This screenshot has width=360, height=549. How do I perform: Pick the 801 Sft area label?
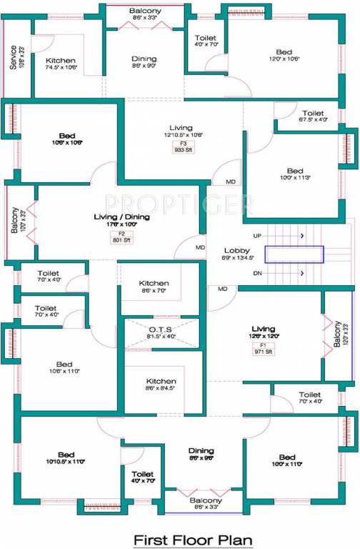click(121, 241)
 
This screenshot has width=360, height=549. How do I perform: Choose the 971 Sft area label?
click(263, 352)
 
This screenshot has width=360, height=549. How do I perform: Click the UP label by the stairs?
click(257, 235)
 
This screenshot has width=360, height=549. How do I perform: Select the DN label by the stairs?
click(257, 273)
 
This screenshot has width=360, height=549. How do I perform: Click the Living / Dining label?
click(121, 216)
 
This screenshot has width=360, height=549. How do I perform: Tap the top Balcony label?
click(145, 11)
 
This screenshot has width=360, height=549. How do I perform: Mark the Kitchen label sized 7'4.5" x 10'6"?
click(61, 61)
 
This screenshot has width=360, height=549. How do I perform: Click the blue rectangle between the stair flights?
click(294, 254)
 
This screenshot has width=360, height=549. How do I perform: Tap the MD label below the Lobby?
click(223, 289)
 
